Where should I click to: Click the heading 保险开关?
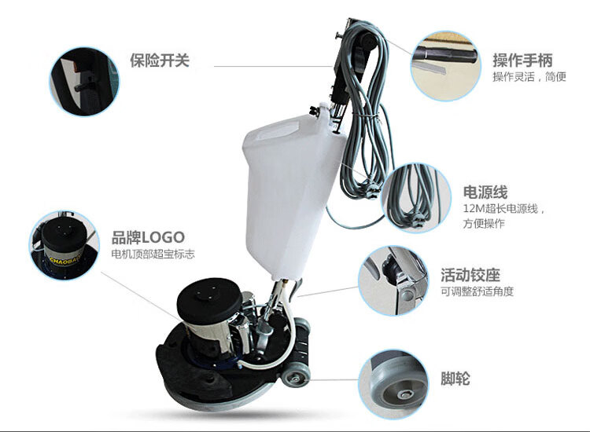tap(160, 60)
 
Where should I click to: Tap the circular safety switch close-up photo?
tap(84, 81)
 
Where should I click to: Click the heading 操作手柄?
tap(522, 60)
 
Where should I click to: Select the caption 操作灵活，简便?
tap(529, 77)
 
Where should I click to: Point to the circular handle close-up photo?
tap(445, 66)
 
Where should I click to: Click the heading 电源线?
tap(485, 192)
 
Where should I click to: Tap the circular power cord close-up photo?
tap(416, 198)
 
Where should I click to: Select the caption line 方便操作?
tap(484, 224)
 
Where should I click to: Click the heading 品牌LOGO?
tap(148, 237)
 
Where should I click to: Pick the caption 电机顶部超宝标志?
tap(153, 254)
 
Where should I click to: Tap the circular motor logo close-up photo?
tap(65, 245)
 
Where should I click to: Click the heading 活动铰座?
tap(470, 275)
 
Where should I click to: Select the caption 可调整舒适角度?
tap(478, 291)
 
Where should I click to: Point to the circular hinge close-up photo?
tap(393, 280)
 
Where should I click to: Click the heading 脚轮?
tap(455, 379)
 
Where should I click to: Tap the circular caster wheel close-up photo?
tap(393, 384)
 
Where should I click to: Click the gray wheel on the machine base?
tap(296, 377)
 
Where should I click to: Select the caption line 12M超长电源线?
tap(501, 208)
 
